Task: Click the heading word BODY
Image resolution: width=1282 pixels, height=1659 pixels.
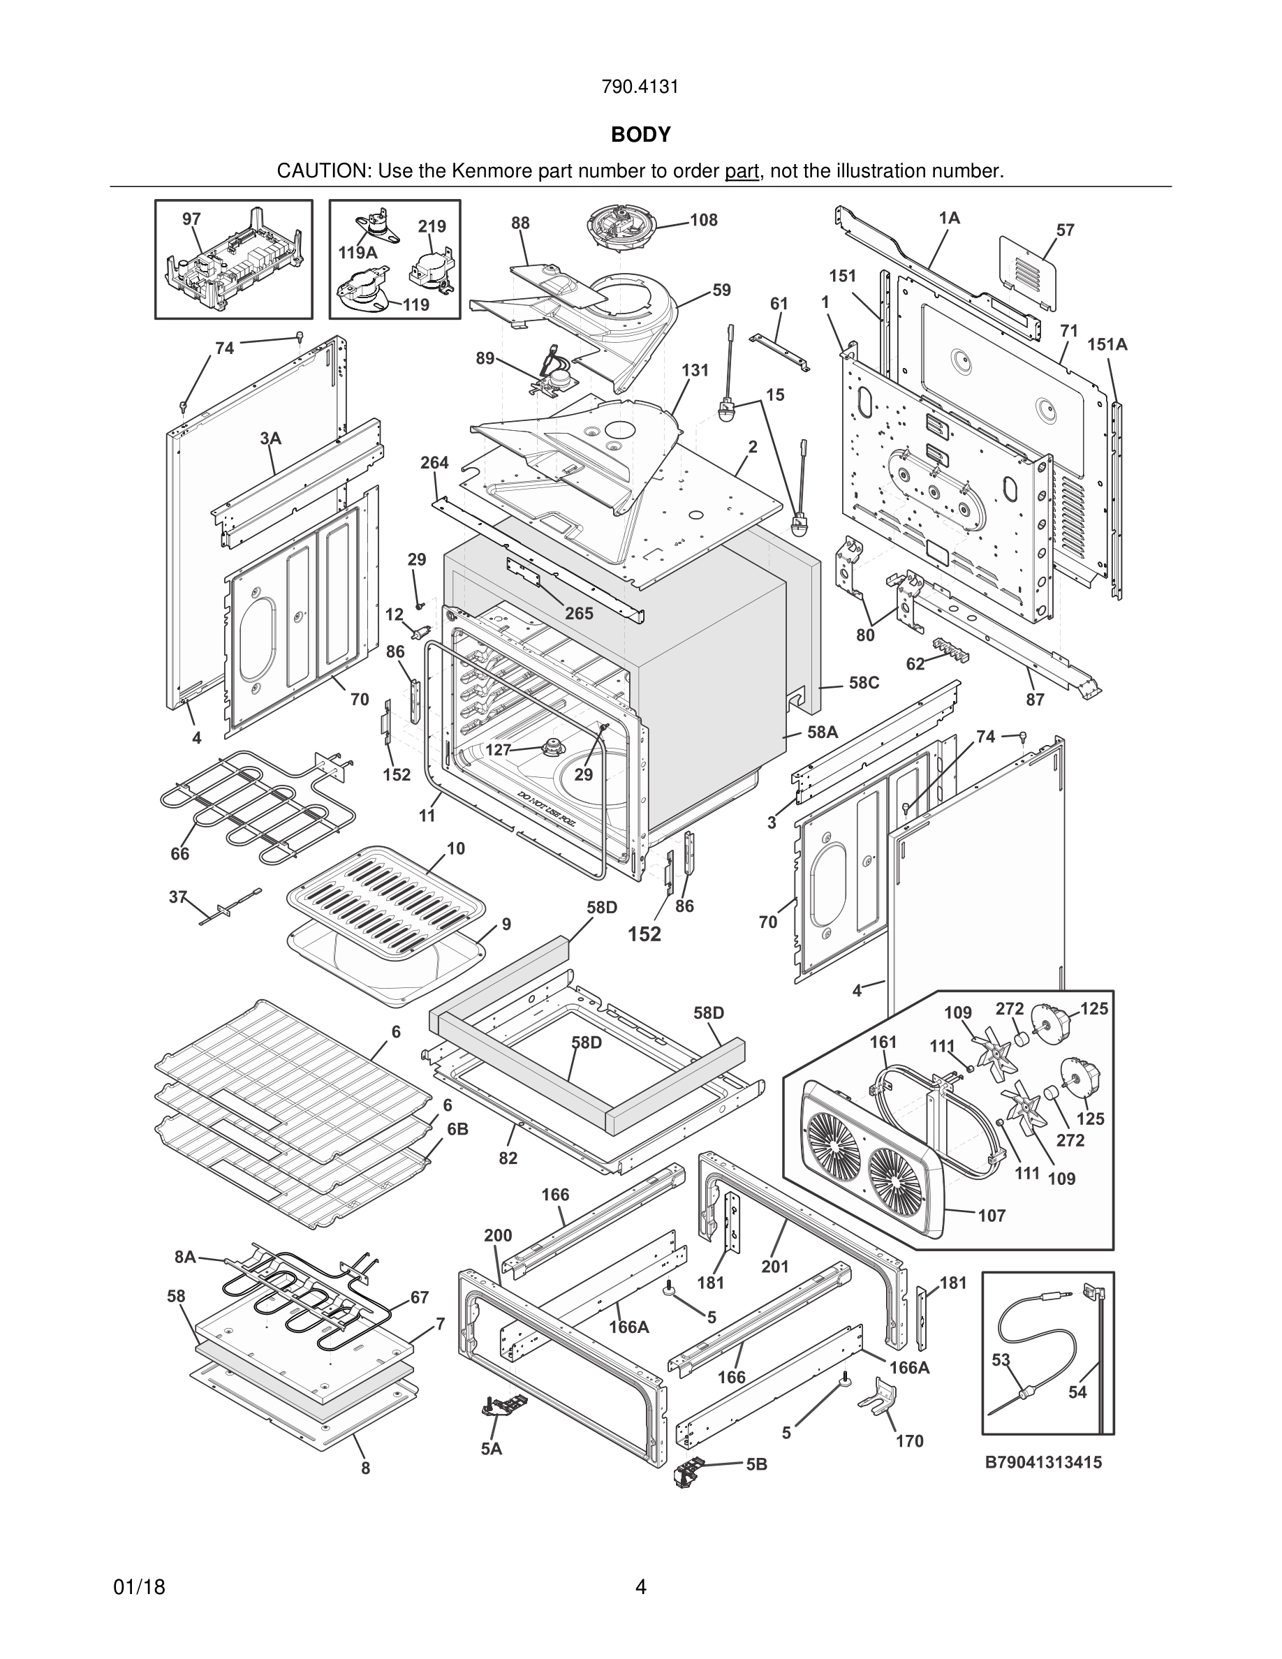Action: click(640, 135)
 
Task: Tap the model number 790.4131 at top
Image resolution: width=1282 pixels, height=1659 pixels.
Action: click(640, 87)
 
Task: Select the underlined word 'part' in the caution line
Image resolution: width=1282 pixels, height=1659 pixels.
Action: click(742, 171)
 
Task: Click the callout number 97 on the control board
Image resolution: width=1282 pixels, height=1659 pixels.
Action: click(191, 219)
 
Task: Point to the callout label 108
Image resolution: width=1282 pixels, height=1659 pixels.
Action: click(703, 220)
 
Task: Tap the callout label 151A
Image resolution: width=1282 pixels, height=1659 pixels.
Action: click(1107, 345)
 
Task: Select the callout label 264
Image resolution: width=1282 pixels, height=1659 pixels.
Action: click(434, 463)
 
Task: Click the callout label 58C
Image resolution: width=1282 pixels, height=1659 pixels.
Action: click(864, 683)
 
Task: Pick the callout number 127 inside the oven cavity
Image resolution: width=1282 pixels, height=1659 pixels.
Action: click(499, 750)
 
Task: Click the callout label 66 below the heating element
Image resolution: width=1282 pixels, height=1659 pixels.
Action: click(180, 854)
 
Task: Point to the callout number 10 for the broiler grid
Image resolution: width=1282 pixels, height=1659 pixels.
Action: click(456, 848)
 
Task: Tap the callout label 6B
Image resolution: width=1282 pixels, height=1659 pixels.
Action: click(457, 1130)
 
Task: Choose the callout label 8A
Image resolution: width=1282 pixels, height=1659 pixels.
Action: click(185, 1257)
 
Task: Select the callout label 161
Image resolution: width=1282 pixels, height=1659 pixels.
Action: click(883, 1042)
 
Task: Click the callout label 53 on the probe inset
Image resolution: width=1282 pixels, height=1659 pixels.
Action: click(1001, 1359)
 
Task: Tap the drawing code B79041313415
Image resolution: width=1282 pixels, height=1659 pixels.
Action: click(1043, 1462)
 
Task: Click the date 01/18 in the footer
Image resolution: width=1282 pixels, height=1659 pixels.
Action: click(139, 1588)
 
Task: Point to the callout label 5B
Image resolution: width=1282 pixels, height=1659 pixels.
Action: click(756, 1464)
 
